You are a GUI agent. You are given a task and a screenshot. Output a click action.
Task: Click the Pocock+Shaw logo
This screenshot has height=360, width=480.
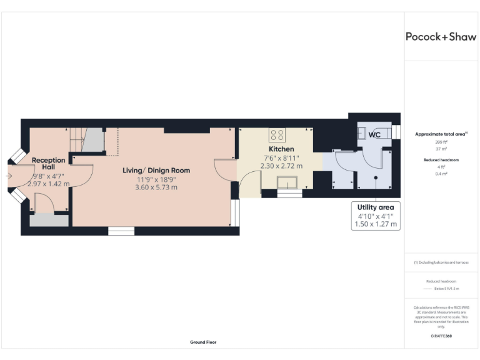point(441,36)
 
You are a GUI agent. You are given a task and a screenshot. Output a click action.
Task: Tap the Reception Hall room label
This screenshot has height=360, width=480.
point(49,164)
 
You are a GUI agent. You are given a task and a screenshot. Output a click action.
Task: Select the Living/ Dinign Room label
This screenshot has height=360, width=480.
point(156,170)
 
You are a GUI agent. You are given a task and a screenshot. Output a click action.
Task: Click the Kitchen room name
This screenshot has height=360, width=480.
point(281,149)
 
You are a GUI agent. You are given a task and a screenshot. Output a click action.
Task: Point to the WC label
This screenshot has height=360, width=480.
point(374,134)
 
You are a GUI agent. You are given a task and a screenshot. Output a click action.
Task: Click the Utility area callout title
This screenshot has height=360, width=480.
point(376,207)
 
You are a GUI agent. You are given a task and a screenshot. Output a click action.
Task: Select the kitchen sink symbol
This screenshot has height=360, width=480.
point(289,182)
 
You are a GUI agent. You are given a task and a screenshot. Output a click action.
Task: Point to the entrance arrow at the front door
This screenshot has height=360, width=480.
point(7,176)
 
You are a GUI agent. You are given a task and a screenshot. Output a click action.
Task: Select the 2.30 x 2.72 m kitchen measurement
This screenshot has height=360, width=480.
point(281,166)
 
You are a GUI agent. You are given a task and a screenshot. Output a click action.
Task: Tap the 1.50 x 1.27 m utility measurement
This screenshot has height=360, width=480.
point(376,224)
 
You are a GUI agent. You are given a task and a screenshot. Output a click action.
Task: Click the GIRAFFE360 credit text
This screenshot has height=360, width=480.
point(441,336)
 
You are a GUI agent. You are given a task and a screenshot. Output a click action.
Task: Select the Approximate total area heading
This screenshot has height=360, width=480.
point(441,134)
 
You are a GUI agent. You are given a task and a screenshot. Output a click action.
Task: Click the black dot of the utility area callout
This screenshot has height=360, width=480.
point(376,177)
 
